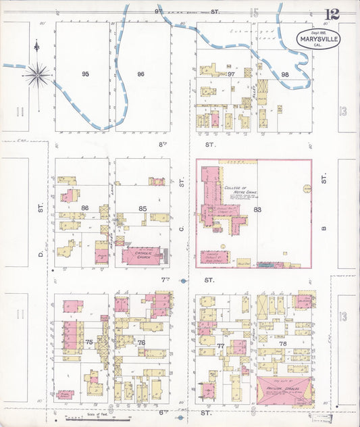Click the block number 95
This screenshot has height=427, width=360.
85,74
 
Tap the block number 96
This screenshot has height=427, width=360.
140,74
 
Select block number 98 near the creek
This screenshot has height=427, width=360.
285,74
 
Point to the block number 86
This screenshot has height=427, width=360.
85,208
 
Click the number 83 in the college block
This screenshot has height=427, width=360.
257,209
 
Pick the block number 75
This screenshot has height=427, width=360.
88,343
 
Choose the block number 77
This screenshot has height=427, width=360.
221,345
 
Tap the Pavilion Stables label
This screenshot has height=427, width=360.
283,388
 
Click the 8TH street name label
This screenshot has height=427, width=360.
162,144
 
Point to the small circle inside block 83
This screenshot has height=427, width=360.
306,189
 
